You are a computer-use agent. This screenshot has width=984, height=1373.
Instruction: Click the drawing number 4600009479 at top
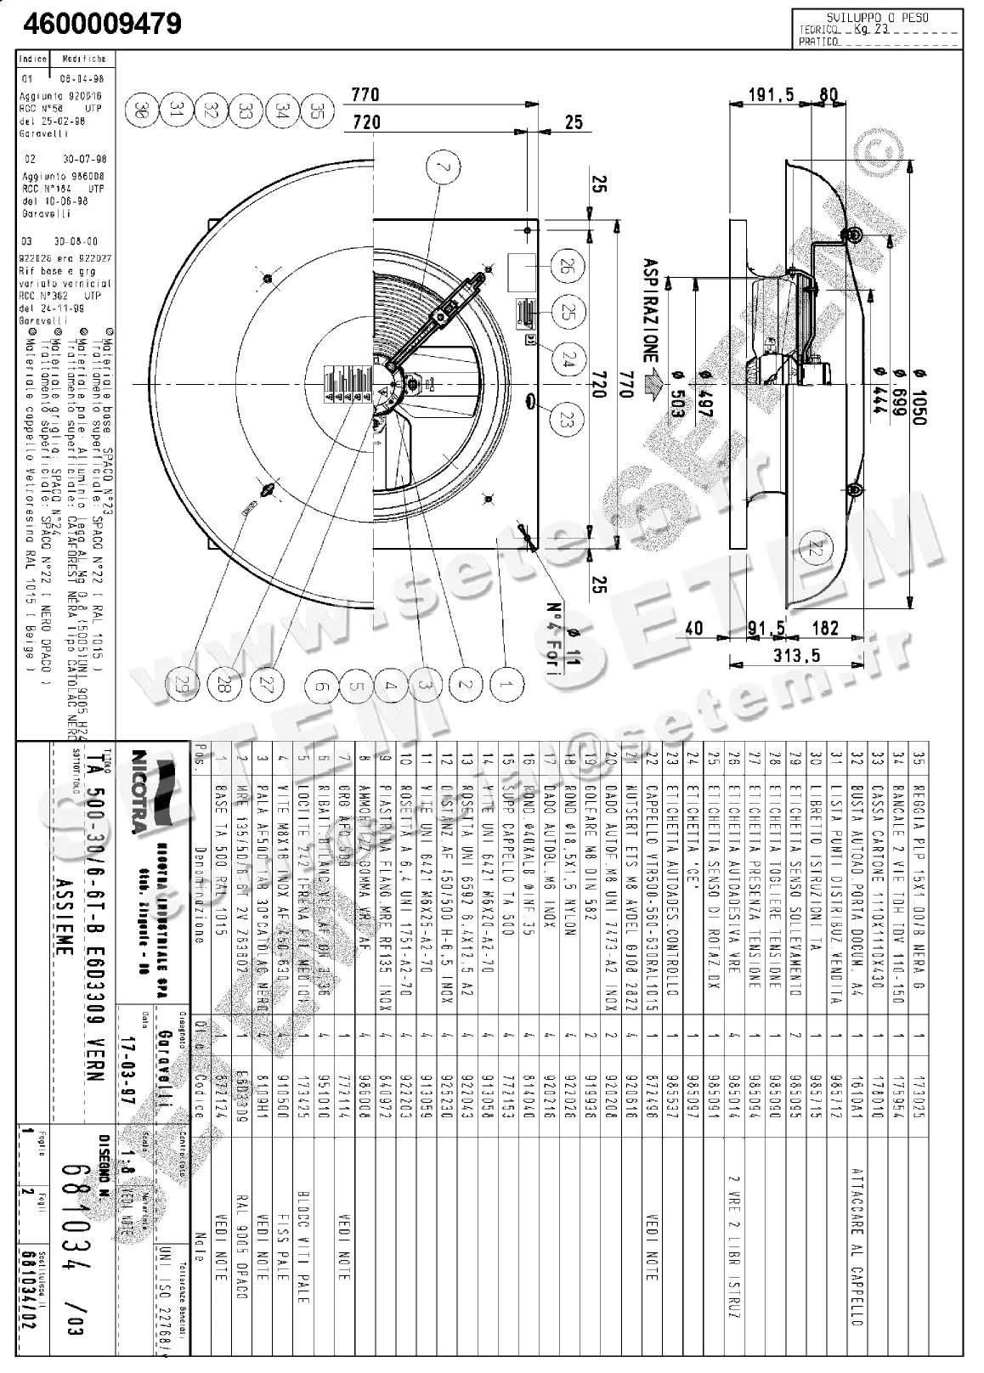click(102, 23)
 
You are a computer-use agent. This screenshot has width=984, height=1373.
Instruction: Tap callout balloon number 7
click(442, 168)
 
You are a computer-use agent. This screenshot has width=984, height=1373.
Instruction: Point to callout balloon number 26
click(563, 267)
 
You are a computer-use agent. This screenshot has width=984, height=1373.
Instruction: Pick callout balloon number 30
click(142, 110)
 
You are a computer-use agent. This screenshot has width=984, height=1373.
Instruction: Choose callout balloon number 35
click(316, 110)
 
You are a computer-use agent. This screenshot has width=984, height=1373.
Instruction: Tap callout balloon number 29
click(179, 686)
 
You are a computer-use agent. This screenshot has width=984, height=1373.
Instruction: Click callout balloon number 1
click(506, 685)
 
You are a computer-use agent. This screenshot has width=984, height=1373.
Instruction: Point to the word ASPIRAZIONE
click(651, 310)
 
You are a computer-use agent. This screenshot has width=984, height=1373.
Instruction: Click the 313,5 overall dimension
click(797, 655)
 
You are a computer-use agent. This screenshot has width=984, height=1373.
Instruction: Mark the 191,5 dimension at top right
click(771, 94)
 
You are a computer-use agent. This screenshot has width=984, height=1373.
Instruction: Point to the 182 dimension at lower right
click(824, 628)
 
